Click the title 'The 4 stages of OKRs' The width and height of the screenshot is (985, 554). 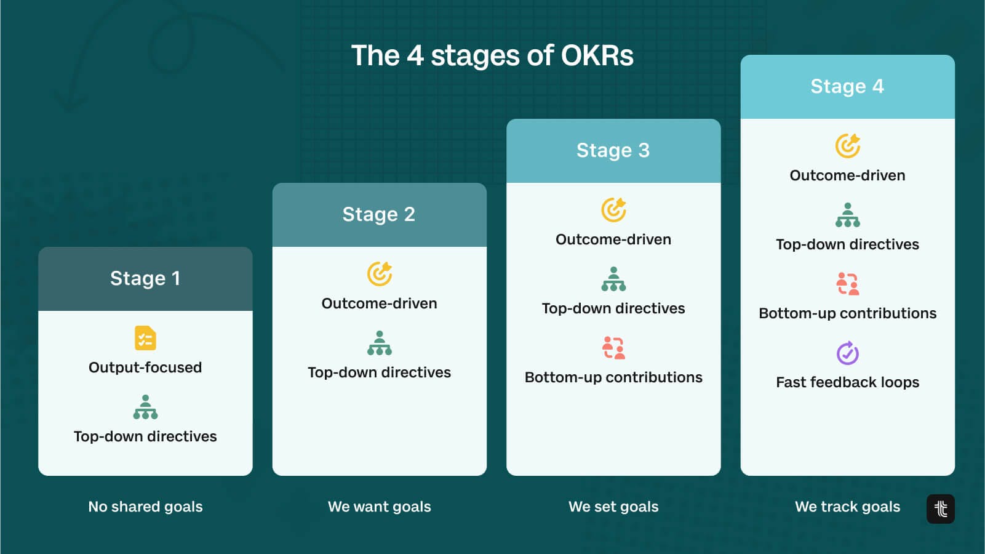(492, 55)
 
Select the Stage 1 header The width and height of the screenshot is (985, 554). (145, 278)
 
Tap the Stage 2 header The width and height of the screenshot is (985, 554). (379, 214)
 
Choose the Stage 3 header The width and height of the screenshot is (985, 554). (613, 150)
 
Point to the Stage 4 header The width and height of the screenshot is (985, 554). (847, 86)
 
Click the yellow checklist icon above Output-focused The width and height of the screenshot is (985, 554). (145, 338)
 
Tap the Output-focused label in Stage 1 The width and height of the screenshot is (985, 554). (145, 367)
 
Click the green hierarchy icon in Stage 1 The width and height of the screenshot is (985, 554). (145, 407)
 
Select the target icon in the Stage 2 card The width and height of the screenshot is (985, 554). (380, 274)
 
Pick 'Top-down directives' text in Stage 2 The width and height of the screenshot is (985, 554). (379, 372)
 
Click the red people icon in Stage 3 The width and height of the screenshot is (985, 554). (613, 348)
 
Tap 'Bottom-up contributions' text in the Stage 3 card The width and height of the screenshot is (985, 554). (613, 377)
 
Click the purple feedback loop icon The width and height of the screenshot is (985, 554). (847, 353)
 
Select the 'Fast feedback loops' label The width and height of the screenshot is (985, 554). (847, 382)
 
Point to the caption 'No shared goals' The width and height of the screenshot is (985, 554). (145, 507)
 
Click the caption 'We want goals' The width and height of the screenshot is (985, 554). (379, 507)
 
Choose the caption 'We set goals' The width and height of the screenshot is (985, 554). (613, 507)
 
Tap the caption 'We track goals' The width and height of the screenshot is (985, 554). (847, 507)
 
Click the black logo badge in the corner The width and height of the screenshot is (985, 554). (940, 508)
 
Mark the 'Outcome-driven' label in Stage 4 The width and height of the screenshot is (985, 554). (847, 175)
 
